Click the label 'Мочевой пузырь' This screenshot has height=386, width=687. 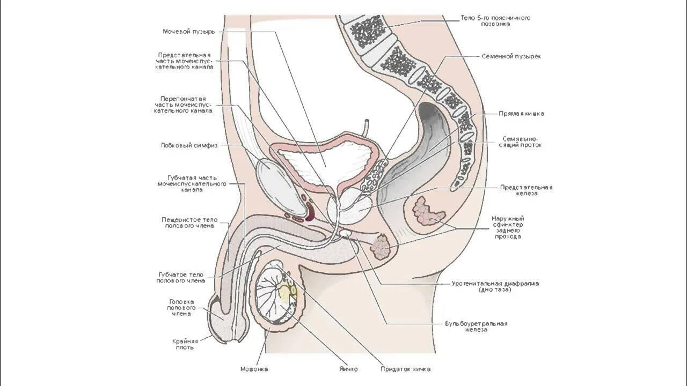[189, 32]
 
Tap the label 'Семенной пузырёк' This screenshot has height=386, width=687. [511, 56]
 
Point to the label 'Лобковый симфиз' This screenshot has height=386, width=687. [189, 145]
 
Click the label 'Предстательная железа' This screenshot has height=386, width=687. [526, 190]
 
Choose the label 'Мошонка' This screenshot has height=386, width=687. [254, 369]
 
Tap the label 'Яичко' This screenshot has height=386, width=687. [348, 369]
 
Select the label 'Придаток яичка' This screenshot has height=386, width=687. [405, 369]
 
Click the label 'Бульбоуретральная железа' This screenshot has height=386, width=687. [476, 326]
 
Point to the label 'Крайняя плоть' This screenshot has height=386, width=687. [185, 344]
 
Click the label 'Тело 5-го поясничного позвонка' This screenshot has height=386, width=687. [495, 21]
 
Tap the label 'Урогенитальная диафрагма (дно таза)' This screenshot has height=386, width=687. [495, 286]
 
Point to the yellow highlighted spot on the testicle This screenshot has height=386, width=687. [287, 293]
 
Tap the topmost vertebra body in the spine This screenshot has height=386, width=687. [367, 31]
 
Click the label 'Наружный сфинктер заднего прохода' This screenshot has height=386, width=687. [508, 227]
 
